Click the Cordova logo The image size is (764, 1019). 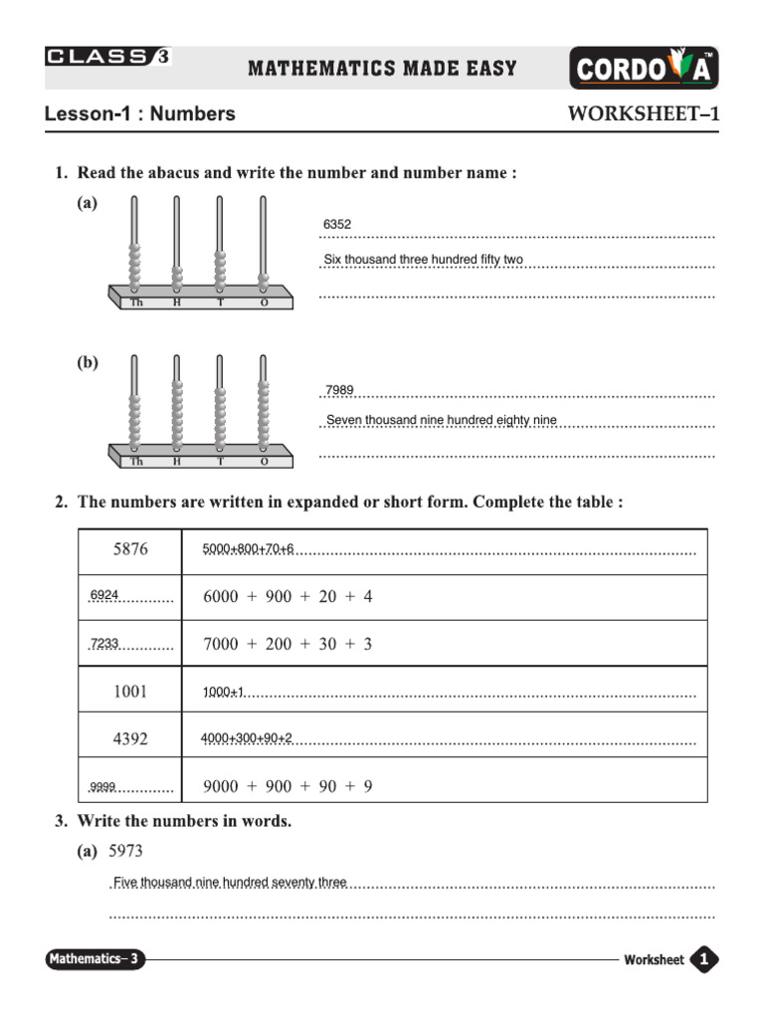coord(645,70)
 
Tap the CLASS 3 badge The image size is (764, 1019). coord(107,57)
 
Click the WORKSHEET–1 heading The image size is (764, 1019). coord(643,113)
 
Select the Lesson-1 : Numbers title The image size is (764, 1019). coord(140,113)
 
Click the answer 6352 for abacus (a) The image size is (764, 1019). coord(337,225)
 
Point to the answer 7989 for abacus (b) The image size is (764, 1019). coord(340,390)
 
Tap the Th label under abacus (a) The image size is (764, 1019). coord(136,303)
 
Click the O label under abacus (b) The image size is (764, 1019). coord(264,462)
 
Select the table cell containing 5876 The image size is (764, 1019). coord(130,549)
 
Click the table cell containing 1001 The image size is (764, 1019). coord(130,691)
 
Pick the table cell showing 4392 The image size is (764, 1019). coord(130,738)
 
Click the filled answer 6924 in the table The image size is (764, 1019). coord(104,596)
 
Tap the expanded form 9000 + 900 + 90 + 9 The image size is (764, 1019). coord(287,786)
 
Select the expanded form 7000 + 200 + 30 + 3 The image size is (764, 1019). coord(287,644)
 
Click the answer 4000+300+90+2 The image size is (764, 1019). coord(247,738)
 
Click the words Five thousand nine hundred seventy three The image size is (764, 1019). coord(230,883)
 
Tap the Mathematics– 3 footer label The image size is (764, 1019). coord(95,959)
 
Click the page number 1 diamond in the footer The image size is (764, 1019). coord(704,959)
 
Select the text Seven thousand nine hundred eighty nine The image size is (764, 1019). coord(442,420)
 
